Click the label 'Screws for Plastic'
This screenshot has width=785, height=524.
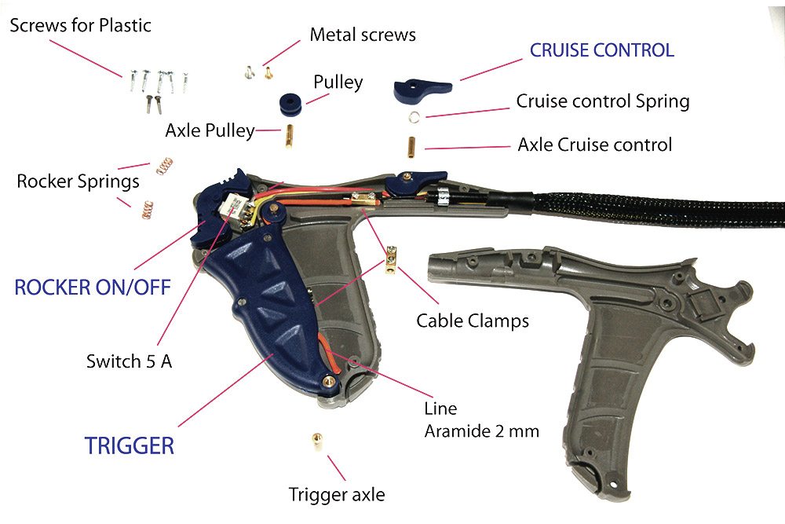pyautogui.click(x=80, y=26)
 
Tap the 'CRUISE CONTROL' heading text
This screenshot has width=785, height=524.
pyautogui.click(x=601, y=50)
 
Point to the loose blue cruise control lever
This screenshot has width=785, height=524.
pyautogui.click(x=422, y=90)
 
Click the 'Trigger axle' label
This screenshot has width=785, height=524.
pyautogui.click(x=337, y=494)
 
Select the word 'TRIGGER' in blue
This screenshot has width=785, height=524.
pyautogui.click(x=129, y=446)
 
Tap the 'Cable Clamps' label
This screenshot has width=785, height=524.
pyautogui.click(x=473, y=321)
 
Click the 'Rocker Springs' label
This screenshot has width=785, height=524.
pyautogui.click(x=78, y=181)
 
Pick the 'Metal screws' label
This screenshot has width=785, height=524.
pyautogui.click(x=363, y=35)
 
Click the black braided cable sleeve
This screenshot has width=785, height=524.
pyautogui.click(x=667, y=214)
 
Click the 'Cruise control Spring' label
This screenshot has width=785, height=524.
pyautogui.click(x=603, y=102)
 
